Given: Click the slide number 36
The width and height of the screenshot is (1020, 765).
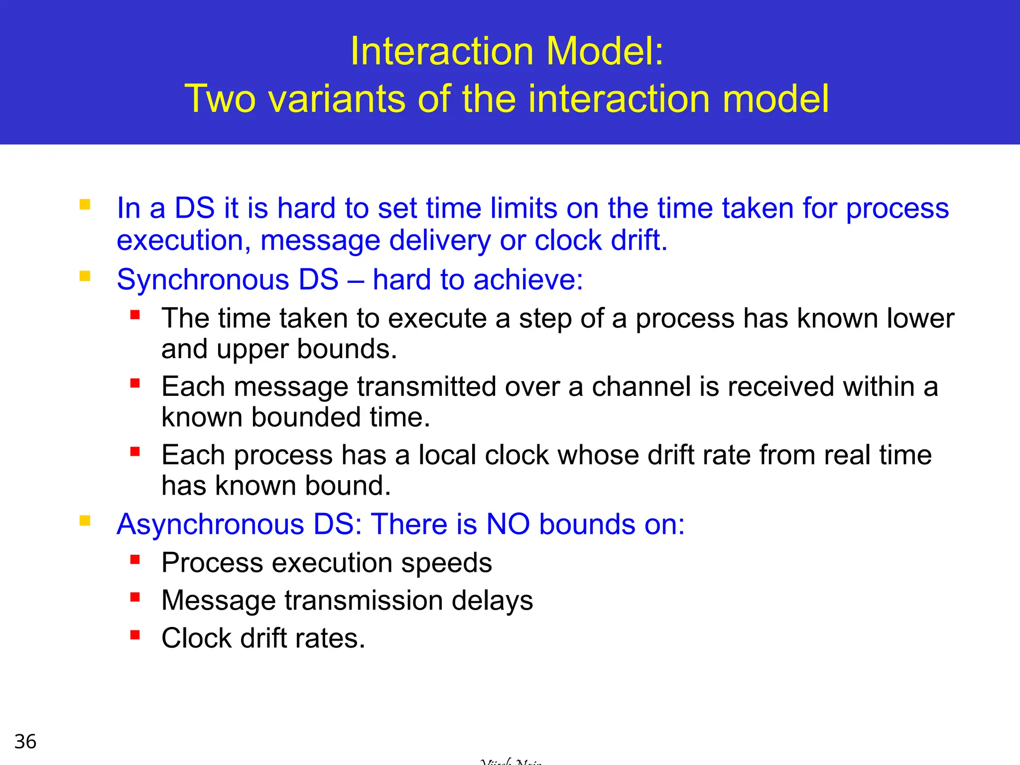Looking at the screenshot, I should (x=25, y=742).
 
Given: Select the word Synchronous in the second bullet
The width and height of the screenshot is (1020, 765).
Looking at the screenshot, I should (x=203, y=279).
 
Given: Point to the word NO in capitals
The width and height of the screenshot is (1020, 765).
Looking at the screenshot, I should (x=508, y=524).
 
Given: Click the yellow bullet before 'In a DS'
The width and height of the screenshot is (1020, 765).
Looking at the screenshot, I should (x=85, y=204).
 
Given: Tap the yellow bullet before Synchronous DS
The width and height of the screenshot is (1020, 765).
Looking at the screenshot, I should (x=85, y=276).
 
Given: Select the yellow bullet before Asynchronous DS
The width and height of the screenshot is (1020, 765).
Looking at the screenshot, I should (x=85, y=521).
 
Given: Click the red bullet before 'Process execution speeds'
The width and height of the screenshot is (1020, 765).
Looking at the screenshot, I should (x=135, y=559).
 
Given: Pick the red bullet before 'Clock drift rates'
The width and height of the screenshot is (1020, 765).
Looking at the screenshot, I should (x=135, y=635).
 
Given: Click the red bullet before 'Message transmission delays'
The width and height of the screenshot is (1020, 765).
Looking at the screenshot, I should (x=135, y=597).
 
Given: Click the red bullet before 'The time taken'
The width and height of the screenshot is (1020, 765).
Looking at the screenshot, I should (x=135, y=315).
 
